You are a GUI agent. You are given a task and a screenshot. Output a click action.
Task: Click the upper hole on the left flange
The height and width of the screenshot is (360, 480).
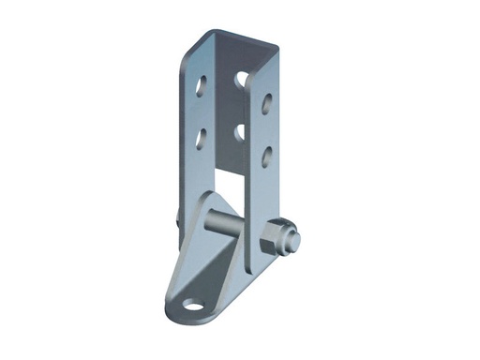(202, 89)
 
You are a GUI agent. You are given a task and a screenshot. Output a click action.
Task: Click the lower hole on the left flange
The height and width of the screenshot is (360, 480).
(201, 138)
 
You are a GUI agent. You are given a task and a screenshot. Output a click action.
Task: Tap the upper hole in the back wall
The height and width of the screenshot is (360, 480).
(242, 80)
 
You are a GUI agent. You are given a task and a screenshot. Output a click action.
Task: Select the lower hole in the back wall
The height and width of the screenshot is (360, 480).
(240, 132)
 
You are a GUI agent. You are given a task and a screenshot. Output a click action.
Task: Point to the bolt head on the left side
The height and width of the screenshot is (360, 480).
(177, 217)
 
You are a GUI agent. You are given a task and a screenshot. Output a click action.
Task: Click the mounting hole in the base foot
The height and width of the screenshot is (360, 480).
(193, 305)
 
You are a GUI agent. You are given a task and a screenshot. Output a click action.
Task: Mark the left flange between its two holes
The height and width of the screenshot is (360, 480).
(201, 113)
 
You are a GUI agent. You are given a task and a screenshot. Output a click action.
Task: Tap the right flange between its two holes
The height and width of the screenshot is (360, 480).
(266, 129)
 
